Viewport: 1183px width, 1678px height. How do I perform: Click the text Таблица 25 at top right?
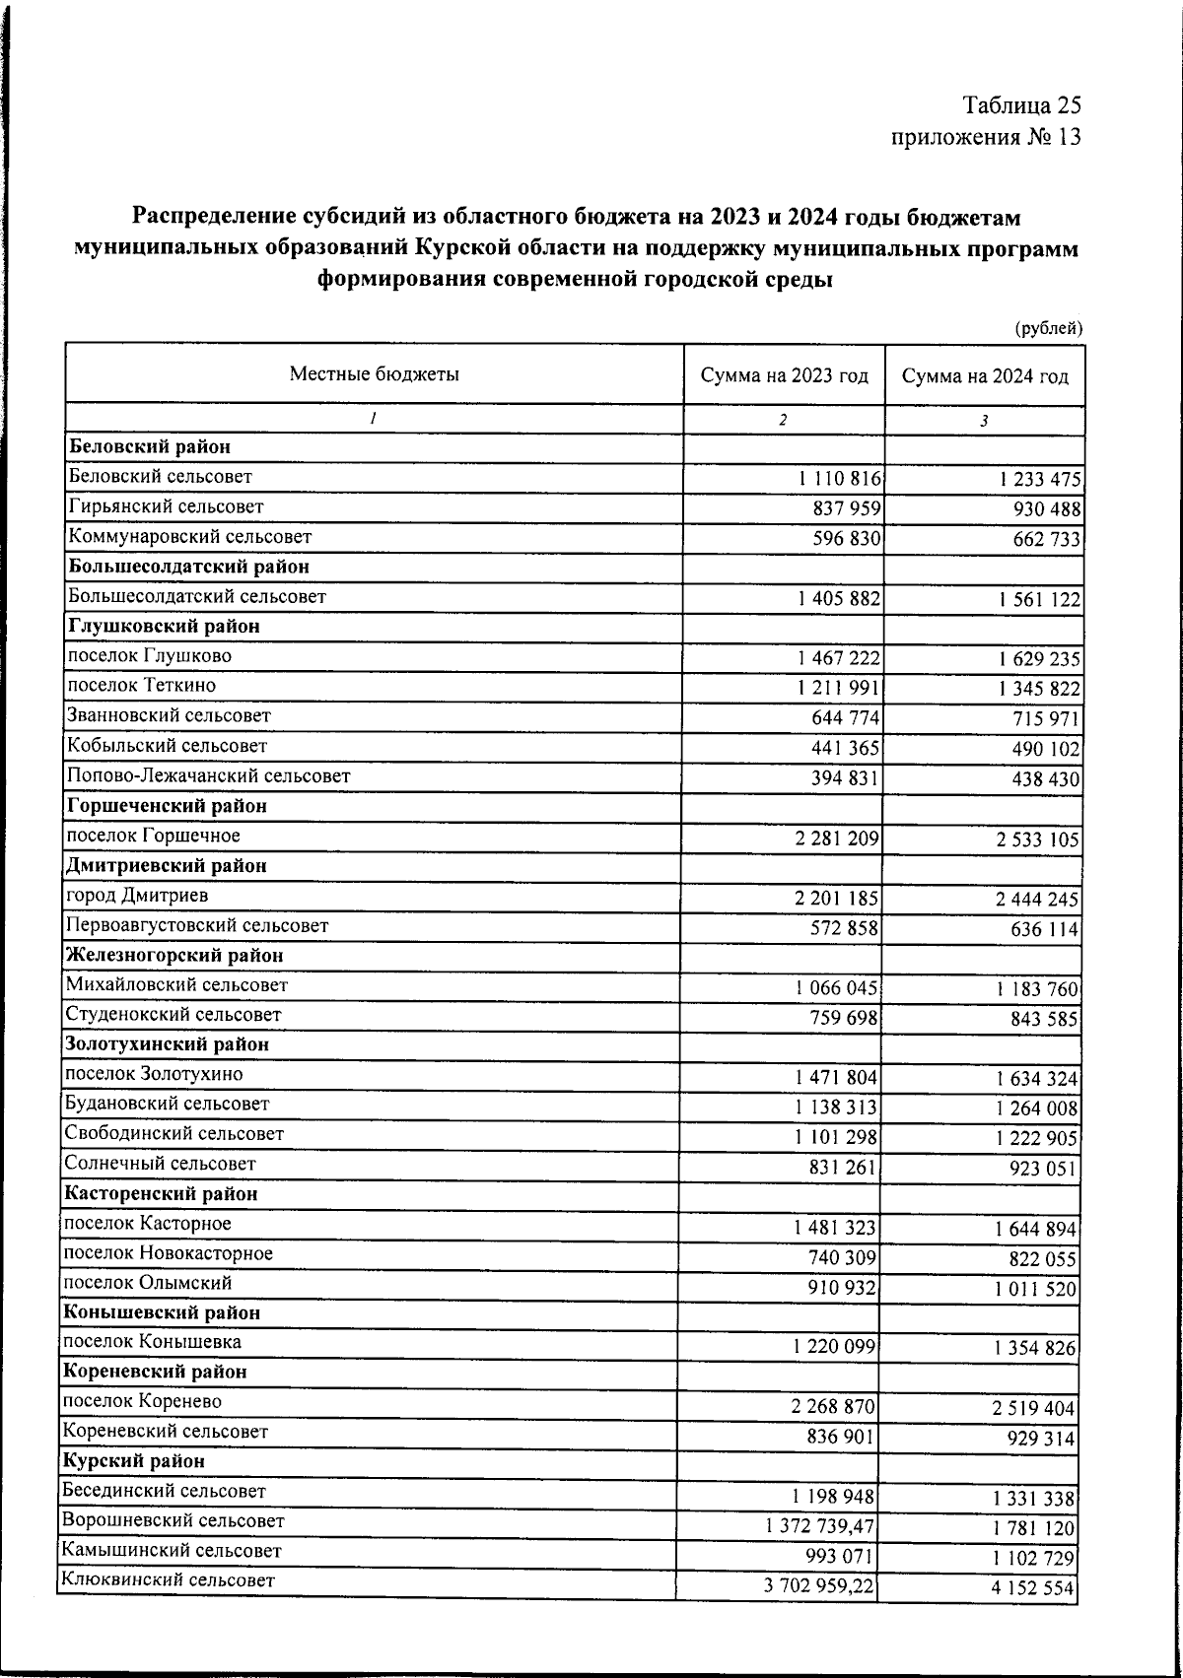click(x=1021, y=105)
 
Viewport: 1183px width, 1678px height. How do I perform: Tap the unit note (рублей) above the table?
click(x=1049, y=328)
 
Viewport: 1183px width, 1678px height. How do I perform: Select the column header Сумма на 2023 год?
click(x=784, y=376)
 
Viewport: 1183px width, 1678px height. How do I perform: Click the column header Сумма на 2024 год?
click(x=985, y=376)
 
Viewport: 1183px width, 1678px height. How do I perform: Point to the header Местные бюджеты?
click(x=375, y=374)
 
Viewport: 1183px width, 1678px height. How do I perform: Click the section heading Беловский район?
click(x=150, y=447)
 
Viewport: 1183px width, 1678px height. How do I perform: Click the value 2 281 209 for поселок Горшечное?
click(x=836, y=839)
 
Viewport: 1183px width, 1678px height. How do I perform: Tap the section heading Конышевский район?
click(x=162, y=1312)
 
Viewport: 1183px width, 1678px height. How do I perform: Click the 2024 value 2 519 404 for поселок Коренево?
click(x=1033, y=1408)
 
